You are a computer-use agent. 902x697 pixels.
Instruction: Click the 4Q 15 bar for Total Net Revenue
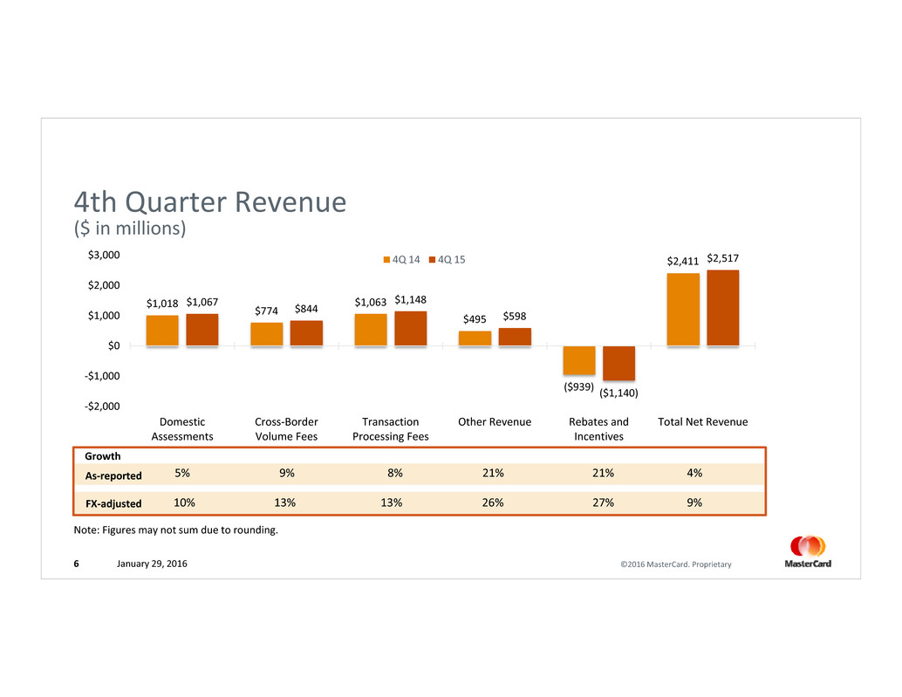(x=722, y=308)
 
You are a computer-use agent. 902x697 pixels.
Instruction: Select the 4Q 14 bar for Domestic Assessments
(x=162, y=331)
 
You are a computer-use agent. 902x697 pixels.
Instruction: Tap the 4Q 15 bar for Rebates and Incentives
(x=618, y=363)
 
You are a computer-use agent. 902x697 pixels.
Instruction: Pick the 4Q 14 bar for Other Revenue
(x=475, y=338)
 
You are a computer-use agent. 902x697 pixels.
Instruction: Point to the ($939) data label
(x=578, y=386)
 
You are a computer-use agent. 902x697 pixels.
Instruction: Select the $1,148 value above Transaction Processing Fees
(x=410, y=299)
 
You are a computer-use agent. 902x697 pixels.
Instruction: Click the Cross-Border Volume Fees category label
(x=286, y=429)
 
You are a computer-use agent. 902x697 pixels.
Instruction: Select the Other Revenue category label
(x=495, y=422)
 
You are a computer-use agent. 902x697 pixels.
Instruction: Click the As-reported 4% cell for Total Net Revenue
(x=694, y=474)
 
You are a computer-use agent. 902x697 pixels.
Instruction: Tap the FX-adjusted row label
(x=113, y=504)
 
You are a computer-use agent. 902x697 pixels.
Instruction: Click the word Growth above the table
(x=102, y=455)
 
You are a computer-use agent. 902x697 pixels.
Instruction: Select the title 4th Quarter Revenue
(x=210, y=202)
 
